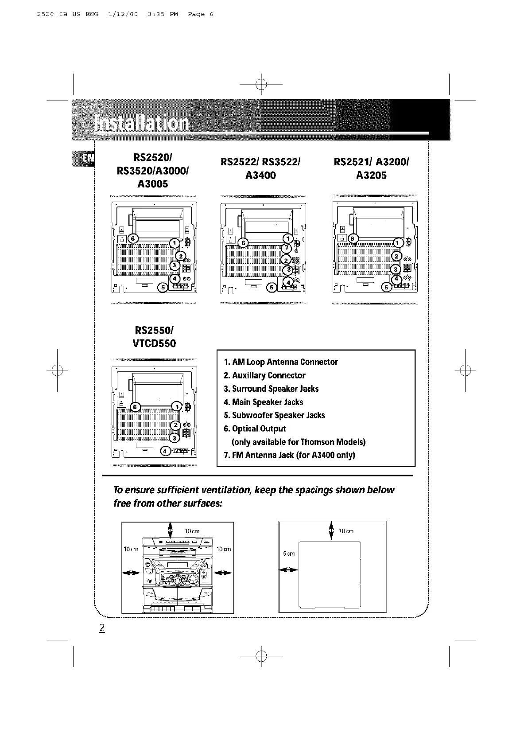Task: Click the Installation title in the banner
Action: pyautogui.click(x=141, y=122)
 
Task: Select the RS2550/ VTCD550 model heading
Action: pyautogui.click(x=155, y=337)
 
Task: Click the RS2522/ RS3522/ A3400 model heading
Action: pyautogui.click(x=261, y=168)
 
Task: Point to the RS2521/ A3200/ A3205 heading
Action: pyautogui.click(x=371, y=168)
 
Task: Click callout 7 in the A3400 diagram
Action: pyautogui.click(x=287, y=248)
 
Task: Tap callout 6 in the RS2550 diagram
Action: pyautogui.click(x=136, y=407)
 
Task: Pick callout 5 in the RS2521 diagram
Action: pyautogui.click(x=386, y=288)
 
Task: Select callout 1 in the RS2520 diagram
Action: pyautogui.click(x=175, y=243)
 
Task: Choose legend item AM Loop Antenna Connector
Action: pyautogui.click(x=281, y=362)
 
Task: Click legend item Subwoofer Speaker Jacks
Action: pyautogui.click(x=274, y=415)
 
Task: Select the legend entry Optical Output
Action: pyautogui.click(x=255, y=429)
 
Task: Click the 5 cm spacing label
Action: pyautogui.click(x=289, y=554)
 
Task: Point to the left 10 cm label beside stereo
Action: pyautogui.click(x=131, y=549)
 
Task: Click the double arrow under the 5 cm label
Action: pyautogui.click(x=288, y=569)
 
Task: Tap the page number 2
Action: pyautogui.click(x=102, y=628)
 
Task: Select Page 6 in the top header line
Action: pyautogui.click(x=201, y=14)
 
